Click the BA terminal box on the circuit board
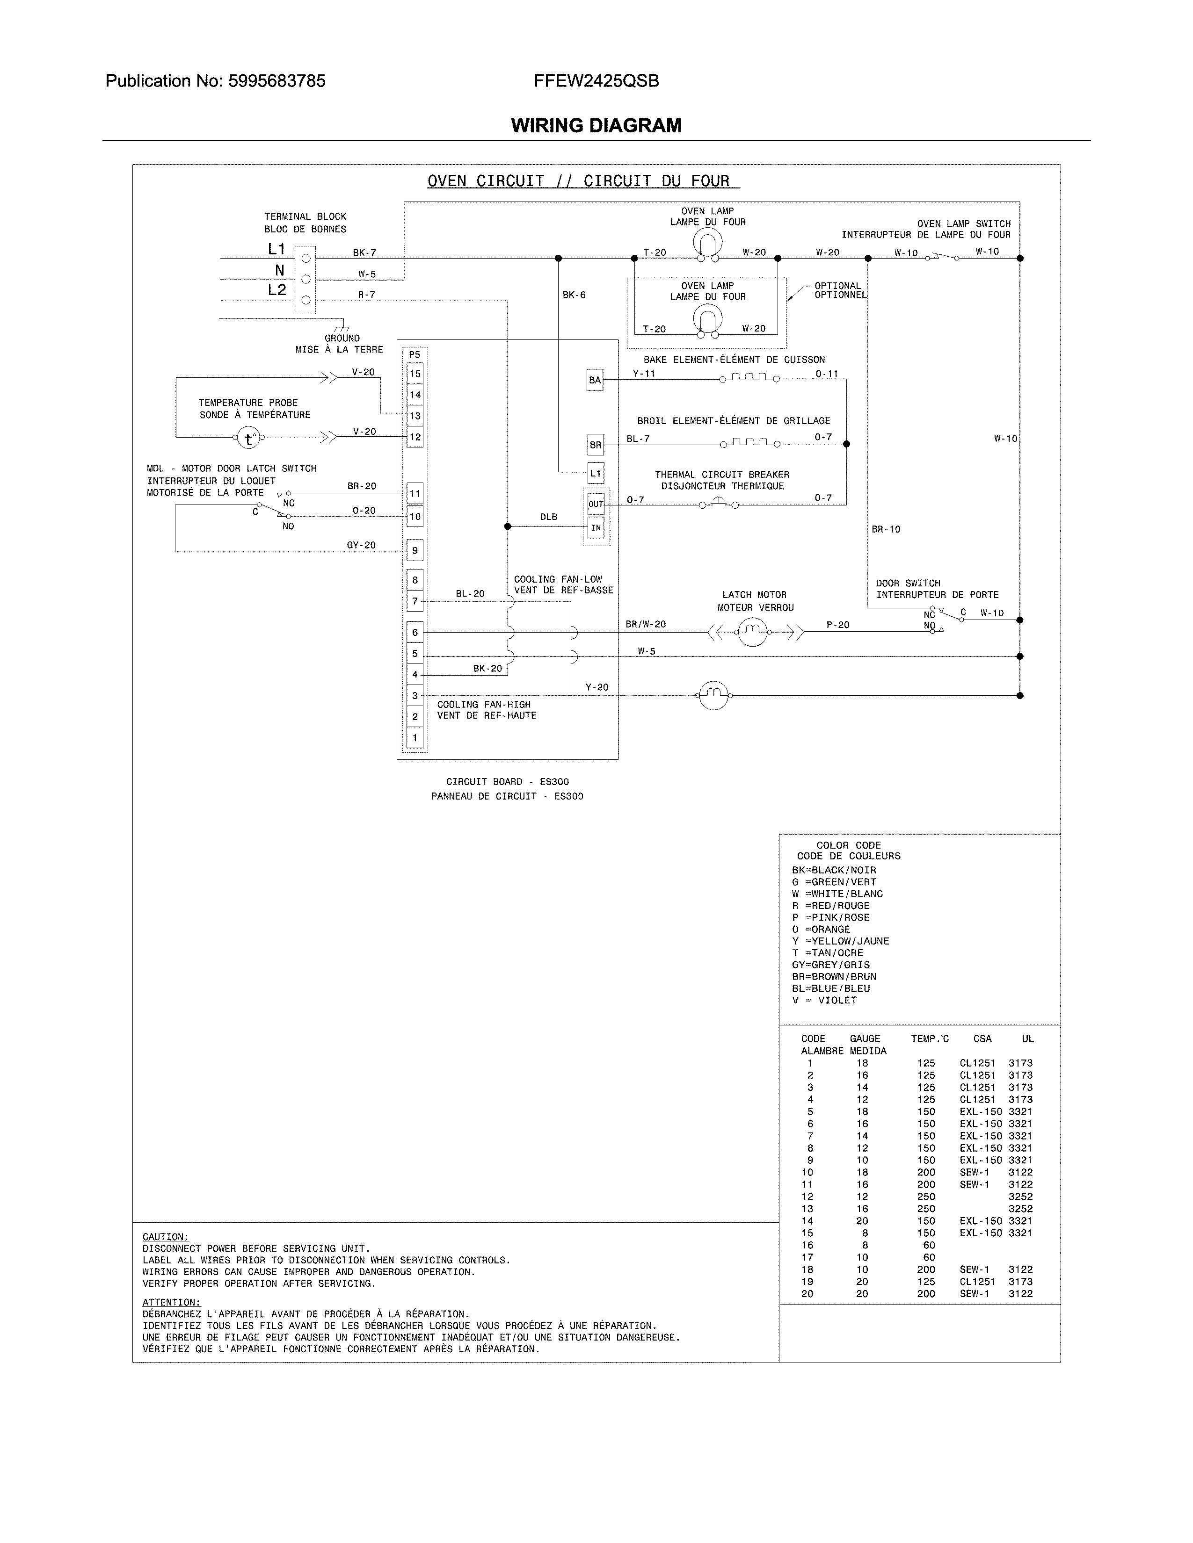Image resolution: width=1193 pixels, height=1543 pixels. click(x=595, y=380)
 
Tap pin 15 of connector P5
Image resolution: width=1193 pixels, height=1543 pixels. click(x=415, y=374)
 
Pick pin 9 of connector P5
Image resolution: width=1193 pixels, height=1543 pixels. click(x=415, y=550)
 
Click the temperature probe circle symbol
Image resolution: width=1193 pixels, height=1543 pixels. click(x=248, y=438)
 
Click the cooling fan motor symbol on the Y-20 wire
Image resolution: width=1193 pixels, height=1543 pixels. click(x=713, y=696)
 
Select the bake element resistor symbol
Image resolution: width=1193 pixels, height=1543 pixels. click(x=749, y=378)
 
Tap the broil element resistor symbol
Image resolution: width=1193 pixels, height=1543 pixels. click(x=749, y=443)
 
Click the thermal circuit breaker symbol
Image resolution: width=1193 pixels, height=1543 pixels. click(x=718, y=503)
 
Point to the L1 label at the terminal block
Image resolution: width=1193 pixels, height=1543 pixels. click(x=276, y=249)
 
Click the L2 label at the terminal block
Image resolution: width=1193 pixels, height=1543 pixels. click(x=276, y=290)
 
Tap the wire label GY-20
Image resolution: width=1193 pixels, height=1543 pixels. click(x=361, y=545)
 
